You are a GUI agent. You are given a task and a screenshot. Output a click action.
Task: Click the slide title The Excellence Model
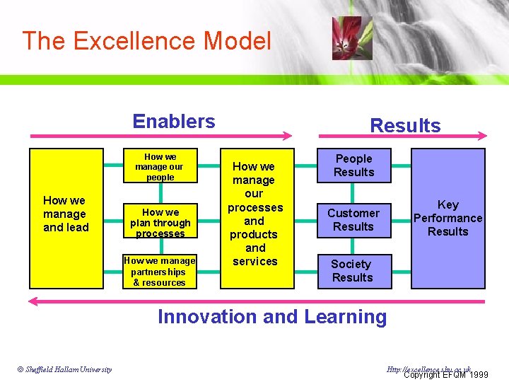[146, 41]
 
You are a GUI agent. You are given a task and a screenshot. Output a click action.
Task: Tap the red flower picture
[351, 38]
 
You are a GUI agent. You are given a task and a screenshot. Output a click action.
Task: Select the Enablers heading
[174, 121]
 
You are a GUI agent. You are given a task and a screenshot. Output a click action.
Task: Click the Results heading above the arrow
[405, 126]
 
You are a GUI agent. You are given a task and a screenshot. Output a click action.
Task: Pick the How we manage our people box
[160, 167]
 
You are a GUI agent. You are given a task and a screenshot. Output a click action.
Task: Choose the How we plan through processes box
[160, 222]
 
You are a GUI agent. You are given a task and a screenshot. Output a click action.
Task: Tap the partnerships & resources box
[160, 272]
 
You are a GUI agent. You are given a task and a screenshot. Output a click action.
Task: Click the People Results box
[353, 166]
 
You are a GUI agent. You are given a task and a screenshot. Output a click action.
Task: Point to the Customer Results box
[353, 219]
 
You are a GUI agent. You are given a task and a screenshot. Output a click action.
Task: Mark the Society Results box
[352, 271]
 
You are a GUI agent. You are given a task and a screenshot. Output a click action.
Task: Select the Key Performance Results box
[447, 218]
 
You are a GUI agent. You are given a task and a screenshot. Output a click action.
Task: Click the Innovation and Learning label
[272, 317]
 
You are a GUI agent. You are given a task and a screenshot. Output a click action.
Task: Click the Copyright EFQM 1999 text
[445, 374]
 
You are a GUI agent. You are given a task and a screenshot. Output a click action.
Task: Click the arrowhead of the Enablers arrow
[288, 136]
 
